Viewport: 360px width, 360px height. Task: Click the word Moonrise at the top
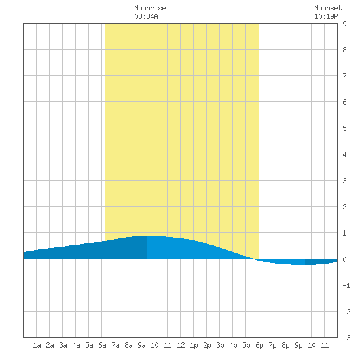point(150,8)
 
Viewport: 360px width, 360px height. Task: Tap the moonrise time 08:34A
point(146,16)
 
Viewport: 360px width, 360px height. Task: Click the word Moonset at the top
point(328,8)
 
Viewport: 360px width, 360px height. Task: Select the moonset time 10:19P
point(326,16)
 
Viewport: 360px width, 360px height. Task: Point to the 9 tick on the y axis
point(344,24)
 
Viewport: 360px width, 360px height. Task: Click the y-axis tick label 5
point(344,128)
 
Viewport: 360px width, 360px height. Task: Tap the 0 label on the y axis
point(344,259)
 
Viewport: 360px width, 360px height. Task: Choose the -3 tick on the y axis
point(346,338)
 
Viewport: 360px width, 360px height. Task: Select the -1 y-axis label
point(346,285)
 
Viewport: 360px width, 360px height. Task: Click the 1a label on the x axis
point(37,345)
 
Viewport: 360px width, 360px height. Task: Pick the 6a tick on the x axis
point(102,345)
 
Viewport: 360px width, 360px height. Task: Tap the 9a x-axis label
point(141,345)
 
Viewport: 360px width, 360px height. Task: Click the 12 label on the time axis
point(181,345)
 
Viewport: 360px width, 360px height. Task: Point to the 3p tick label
point(220,345)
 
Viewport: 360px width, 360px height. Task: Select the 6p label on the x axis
point(259,345)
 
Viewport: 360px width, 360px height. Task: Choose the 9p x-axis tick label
point(298,345)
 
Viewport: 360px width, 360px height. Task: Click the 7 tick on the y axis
point(344,76)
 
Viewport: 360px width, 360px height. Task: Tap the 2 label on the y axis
point(344,207)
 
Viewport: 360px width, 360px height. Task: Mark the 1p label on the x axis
point(194,345)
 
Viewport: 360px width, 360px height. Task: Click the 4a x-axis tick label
point(76,345)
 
